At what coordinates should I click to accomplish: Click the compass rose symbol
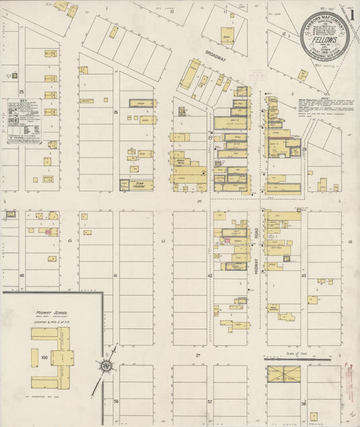pyautogui.click(x=107, y=366)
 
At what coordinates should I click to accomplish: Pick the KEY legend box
pyautogui.click(x=24, y=122)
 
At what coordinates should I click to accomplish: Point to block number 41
pyautogui.click(x=115, y=275)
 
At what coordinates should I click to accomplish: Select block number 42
pyautogui.click(x=210, y=275)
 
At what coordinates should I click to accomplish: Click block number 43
pyautogui.click(x=304, y=275)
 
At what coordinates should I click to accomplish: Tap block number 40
pyautogui.click(x=22, y=275)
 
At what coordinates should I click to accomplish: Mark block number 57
pyautogui.click(x=210, y=401)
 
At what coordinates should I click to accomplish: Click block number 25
pyautogui.click(x=22, y=91)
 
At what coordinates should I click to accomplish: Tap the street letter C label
pyautogui.click(x=163, y=240)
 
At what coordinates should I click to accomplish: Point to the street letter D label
pyautogui.click(x=69, y=240)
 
